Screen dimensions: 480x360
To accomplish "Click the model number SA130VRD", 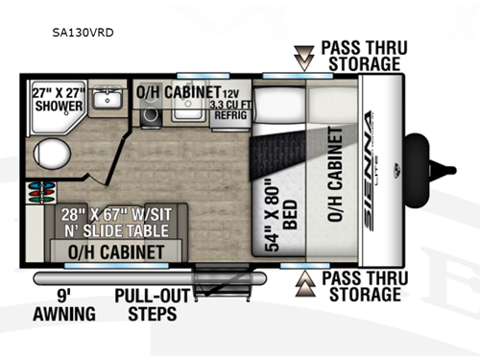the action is tap(83, 30).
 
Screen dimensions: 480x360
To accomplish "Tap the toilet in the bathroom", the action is tap(49, 151).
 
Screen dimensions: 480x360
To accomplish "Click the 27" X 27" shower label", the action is tap(58, 99).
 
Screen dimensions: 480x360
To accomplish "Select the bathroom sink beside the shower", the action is tap(108, 100).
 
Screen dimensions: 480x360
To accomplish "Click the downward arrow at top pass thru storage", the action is tap(303, 59).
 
